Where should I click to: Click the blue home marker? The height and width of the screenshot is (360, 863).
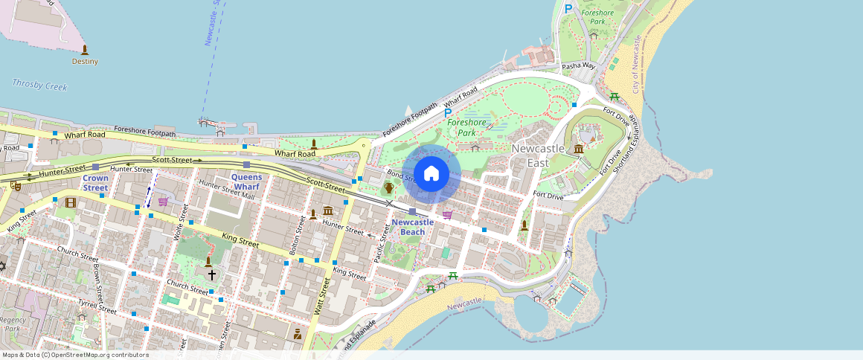tap(431, 174)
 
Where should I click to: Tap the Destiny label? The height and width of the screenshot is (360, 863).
tap(85, 62)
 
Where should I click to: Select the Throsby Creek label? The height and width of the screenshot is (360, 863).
tap(39, 86)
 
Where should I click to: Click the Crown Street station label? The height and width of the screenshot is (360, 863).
tap(95, 183)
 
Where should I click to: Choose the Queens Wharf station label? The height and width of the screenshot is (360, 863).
tap(246, 181)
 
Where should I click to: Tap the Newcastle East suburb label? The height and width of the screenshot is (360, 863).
tap(537, 155)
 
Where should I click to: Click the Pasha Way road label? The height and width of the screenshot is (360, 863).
tap(579, 66)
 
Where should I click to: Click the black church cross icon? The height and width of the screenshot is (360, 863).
tap(211, 274)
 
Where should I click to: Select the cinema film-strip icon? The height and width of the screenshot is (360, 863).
tap(70, 202)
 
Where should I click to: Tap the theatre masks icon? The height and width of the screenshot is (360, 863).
tap(14, 187)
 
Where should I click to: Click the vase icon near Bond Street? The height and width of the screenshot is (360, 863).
tap(388, 187)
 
